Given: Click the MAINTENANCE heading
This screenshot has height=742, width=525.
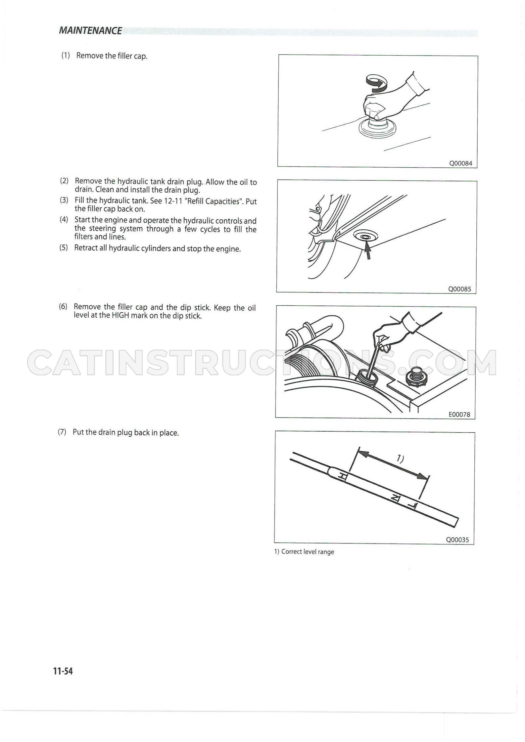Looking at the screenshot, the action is (90, 31).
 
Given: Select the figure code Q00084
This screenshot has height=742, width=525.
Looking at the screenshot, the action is (460, 163).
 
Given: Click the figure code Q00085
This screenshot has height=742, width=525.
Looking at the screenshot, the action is (459, 289).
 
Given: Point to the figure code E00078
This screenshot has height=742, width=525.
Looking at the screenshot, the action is (459, 414).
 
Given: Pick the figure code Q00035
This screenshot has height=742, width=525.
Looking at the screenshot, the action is (457, 540).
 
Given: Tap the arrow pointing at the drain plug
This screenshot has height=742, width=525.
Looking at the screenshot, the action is (367, 250).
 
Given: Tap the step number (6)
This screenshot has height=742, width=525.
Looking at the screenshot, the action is (63, 306).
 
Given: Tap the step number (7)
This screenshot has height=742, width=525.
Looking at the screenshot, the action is (62, 432).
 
